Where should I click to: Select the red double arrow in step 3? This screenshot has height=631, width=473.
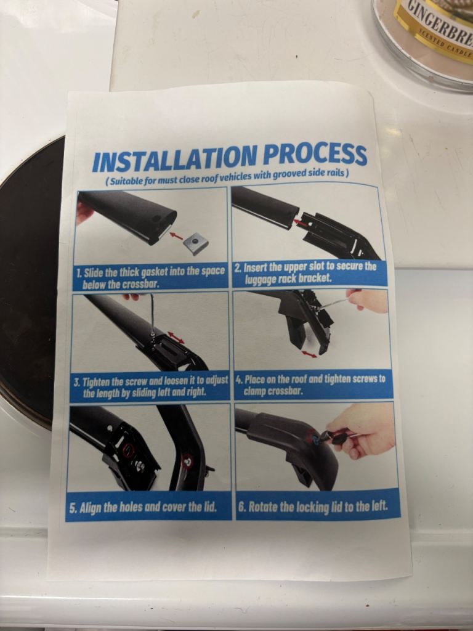176,337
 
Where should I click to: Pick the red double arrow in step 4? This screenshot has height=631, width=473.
309,354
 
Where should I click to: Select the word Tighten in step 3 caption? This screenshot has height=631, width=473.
97,381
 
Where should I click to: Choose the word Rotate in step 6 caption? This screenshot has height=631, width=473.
262,507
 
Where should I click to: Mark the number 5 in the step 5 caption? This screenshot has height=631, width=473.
72,508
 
